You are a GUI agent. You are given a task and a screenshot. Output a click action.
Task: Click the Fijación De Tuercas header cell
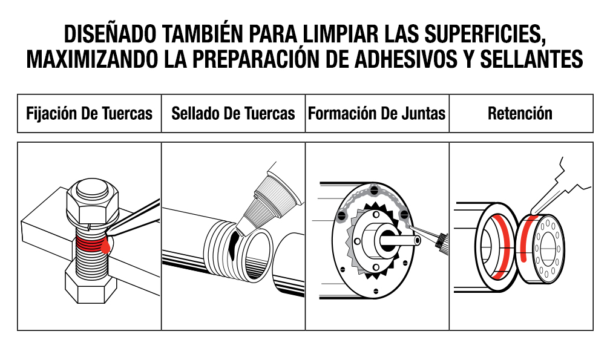pyautogui.click(x=89, y=114)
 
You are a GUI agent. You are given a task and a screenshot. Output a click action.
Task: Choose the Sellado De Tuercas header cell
pyautogui.click(x=233, y=114)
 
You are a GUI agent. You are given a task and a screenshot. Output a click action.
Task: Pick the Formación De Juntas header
pyautogui.click(x=377, y=114)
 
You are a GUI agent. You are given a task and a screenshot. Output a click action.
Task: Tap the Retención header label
pyautogui.click(x=520, y=114)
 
